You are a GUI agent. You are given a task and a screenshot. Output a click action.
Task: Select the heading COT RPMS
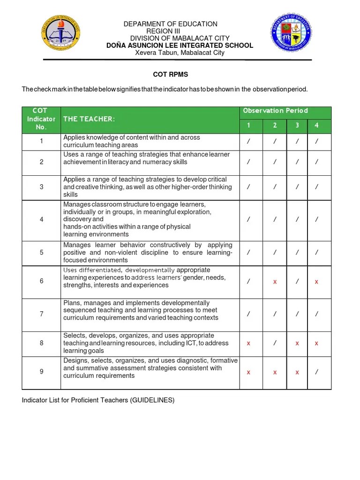pyautogui.click(x=171, y=75)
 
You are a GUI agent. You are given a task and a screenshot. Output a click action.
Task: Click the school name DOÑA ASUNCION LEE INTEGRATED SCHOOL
pyautogui.click(x=180, y=45)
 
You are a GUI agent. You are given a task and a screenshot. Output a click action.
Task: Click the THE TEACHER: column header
pyautogui.click(x=89, y=119)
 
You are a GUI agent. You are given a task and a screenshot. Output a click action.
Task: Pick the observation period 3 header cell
pyautogui.click(x=297, y=125)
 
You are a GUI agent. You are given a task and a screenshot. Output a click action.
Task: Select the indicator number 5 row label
pyautogui.click(x=41, y=253)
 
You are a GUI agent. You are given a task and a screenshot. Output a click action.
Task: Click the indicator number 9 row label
pyautogui.click(x=41, y=372)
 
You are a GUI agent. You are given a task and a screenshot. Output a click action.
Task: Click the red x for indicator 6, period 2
pyautogui.click(x=275, y=282)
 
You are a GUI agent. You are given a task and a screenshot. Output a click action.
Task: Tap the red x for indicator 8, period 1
pyautogui.click(x=248, y=343)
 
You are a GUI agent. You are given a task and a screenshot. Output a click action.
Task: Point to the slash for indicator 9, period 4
pyautogui.click(x=317, y=372)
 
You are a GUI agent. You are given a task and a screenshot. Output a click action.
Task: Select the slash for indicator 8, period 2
pyautogui.click(x=275, y=343)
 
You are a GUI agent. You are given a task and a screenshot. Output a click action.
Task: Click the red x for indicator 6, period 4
pyautogui.click(x=317, y=282)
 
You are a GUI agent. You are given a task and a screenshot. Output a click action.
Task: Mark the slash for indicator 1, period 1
pyautogui.click(x=248, y=142)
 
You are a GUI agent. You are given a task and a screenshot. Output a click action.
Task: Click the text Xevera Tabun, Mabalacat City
pyautogui.click(x=180, y=52)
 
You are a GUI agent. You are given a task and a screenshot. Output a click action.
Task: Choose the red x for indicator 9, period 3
pyautogui.click(x=297, y=372)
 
